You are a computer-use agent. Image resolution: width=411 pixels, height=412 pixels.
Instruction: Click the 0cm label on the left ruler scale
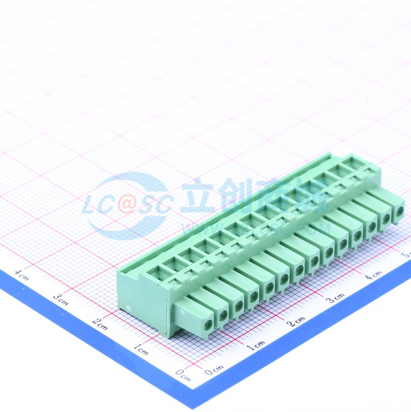click(x=184, y=376)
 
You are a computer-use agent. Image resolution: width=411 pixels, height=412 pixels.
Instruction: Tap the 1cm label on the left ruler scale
click(x=141, y=350)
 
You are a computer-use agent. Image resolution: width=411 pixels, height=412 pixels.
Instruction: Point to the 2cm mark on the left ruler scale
click(x=99, y=324)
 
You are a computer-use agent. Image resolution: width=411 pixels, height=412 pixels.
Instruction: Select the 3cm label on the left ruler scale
click(x=60, y=299)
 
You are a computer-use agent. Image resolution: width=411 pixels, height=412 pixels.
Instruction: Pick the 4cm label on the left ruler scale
click(x=22, y=275)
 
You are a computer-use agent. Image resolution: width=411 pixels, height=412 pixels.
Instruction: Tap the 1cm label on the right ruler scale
click(x=255, y=346)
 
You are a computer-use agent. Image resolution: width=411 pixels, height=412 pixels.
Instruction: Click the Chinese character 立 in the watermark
click(x=198, y=196)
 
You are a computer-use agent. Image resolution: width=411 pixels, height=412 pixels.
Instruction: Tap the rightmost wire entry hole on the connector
click(x=399, y=211)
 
